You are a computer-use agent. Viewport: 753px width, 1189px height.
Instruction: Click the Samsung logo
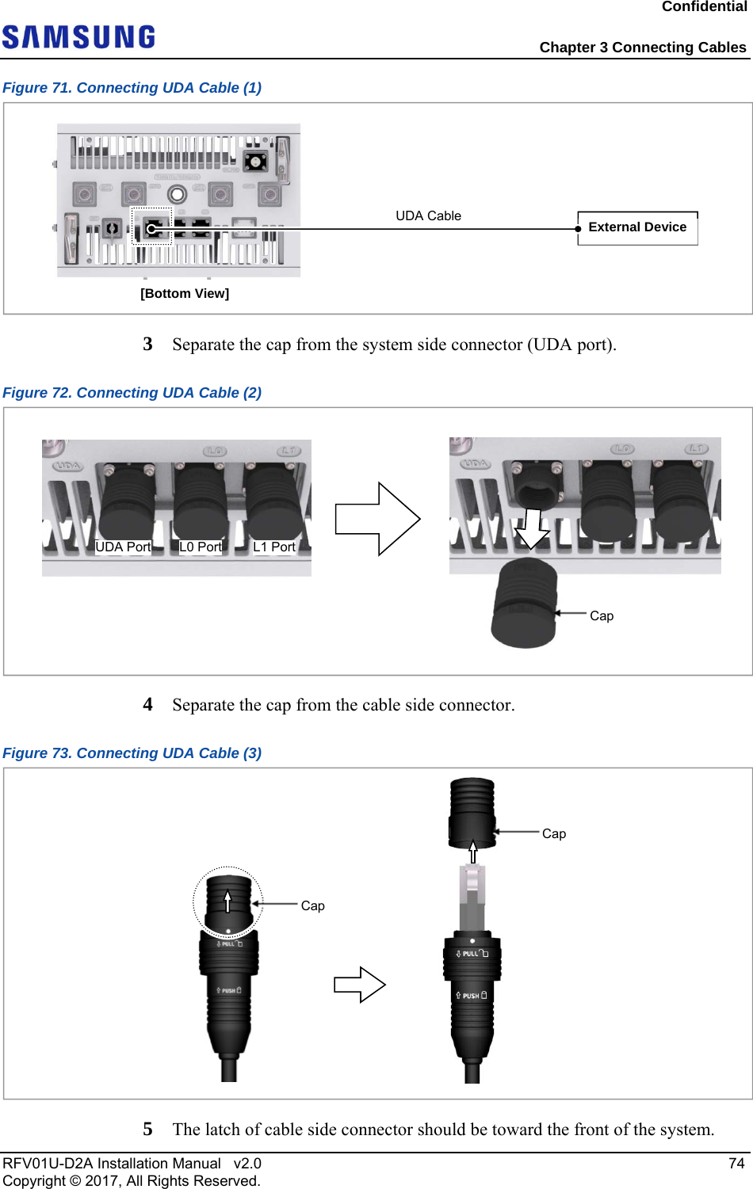[78, 37]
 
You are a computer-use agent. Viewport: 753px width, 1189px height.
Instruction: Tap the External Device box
[637, 227]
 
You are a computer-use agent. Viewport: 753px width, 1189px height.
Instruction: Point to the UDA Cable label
[428, 215]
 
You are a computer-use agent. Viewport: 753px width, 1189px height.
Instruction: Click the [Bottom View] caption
[185, 293]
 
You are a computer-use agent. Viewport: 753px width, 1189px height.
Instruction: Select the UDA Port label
[123, 547]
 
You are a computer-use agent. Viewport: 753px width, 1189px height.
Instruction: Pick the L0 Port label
[201, 547]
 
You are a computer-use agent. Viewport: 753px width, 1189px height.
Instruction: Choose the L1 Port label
[274, 547]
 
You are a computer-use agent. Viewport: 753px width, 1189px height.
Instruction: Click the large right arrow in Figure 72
[377, 519]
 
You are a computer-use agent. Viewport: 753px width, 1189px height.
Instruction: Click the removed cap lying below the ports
[524, 604]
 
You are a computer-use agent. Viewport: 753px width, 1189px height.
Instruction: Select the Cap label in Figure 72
[602, 615]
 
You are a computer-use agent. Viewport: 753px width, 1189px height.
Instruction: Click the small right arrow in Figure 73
[360, 985]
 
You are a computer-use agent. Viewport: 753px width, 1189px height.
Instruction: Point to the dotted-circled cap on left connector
[228, 901]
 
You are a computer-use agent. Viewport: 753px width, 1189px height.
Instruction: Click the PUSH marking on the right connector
[472, 996]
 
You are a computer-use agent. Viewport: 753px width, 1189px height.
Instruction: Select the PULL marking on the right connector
[472, 954]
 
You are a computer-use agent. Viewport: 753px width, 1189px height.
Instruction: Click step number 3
[147, 344]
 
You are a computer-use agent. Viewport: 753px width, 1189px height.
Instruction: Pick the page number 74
[736, 1163]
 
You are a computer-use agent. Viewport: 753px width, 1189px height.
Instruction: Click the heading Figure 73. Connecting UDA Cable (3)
[132, 753]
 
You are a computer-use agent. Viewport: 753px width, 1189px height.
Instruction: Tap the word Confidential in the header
[704, 7]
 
